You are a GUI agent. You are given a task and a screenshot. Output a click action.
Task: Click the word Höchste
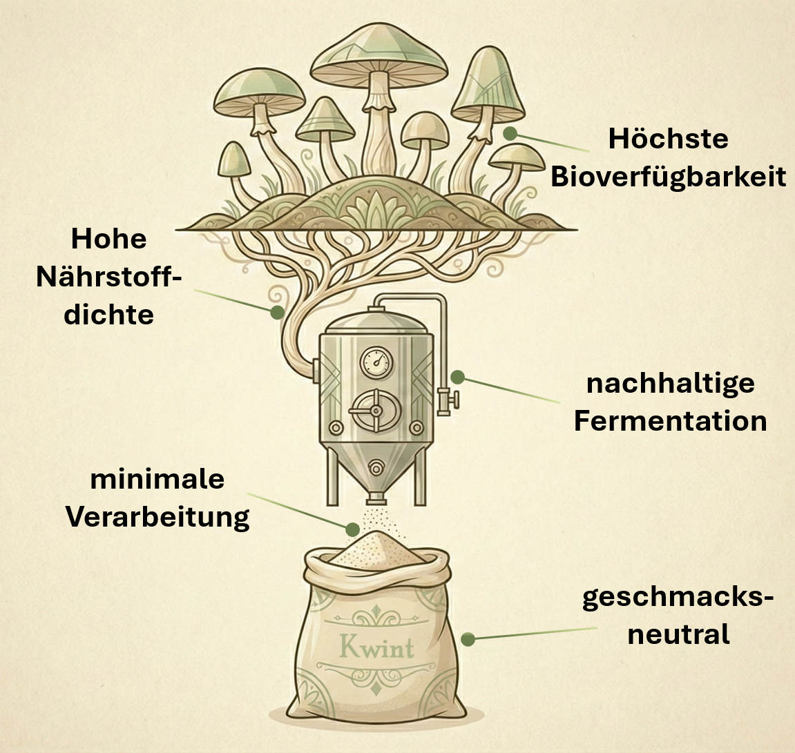coord(668,138)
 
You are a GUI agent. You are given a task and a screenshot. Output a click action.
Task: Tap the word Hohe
coord(109,239)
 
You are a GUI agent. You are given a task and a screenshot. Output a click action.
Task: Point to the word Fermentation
coord(670,422)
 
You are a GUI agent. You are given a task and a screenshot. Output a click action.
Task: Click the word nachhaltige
coord(670,384)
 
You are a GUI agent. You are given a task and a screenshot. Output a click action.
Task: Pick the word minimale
coord(157,479)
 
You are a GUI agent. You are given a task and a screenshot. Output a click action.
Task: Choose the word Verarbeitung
coord(157,518)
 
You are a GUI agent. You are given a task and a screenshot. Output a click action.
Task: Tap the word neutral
coord(678,634)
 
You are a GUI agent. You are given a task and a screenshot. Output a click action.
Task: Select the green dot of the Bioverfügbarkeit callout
coord(510,133)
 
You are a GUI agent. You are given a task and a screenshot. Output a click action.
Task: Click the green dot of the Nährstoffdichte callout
coord(277,312)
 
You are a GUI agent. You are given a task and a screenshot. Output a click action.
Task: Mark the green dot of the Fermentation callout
coord(457,377)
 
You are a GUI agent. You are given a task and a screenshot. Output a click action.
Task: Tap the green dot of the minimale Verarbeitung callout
coord(352,529)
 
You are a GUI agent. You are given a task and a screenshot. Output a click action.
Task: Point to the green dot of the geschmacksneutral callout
coord(468,639)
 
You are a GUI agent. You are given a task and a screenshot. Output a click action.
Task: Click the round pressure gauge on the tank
coord(376,362)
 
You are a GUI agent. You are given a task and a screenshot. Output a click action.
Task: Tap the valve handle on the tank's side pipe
coord(449,400)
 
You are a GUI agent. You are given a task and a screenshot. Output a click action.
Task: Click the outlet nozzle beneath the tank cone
coord(376,497)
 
